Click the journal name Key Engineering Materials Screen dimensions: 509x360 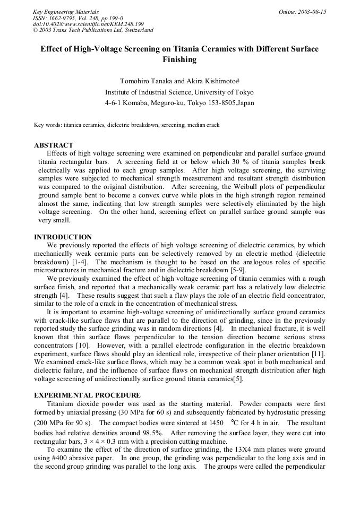65,12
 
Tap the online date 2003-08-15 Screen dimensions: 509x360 302,12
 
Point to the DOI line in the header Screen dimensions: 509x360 88,24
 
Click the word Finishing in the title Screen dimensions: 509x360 179,59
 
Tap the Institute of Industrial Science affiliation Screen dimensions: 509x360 179,92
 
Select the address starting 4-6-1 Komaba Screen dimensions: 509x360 179,102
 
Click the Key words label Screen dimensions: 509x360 46,125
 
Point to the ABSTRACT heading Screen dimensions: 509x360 54,145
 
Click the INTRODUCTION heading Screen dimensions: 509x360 63,237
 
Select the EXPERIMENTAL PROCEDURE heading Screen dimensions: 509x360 87,395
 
